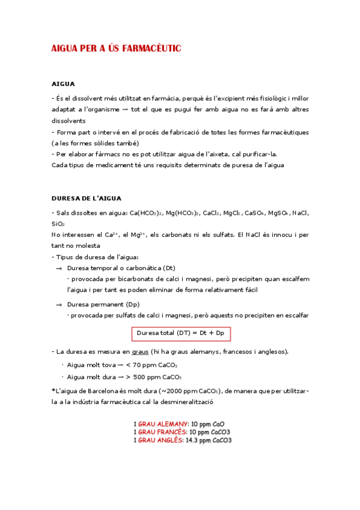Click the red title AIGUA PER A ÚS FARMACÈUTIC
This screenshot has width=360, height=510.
click(x=116, y=48)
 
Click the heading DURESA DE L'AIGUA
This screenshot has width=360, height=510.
click(x=87, y=198)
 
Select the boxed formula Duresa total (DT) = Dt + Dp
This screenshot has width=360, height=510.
click(x=180, y=333)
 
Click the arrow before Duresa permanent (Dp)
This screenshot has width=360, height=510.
click(x=59, y=305)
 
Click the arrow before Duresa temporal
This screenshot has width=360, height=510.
click(x=59, y=268)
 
